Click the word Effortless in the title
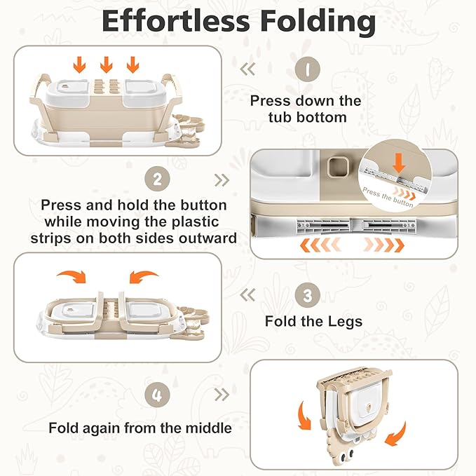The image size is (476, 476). (x=177, y=21)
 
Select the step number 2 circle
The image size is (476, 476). (x=157, y=179)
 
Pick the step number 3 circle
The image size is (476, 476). (x=307, y=296)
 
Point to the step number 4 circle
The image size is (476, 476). (x=157, y=394)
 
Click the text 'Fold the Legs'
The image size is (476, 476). (x=313, y=322)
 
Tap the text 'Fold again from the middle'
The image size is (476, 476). (x=140, y=427)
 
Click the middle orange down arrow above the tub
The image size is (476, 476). (x=107, y=65)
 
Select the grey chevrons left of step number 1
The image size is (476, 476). (x=247, y=69)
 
